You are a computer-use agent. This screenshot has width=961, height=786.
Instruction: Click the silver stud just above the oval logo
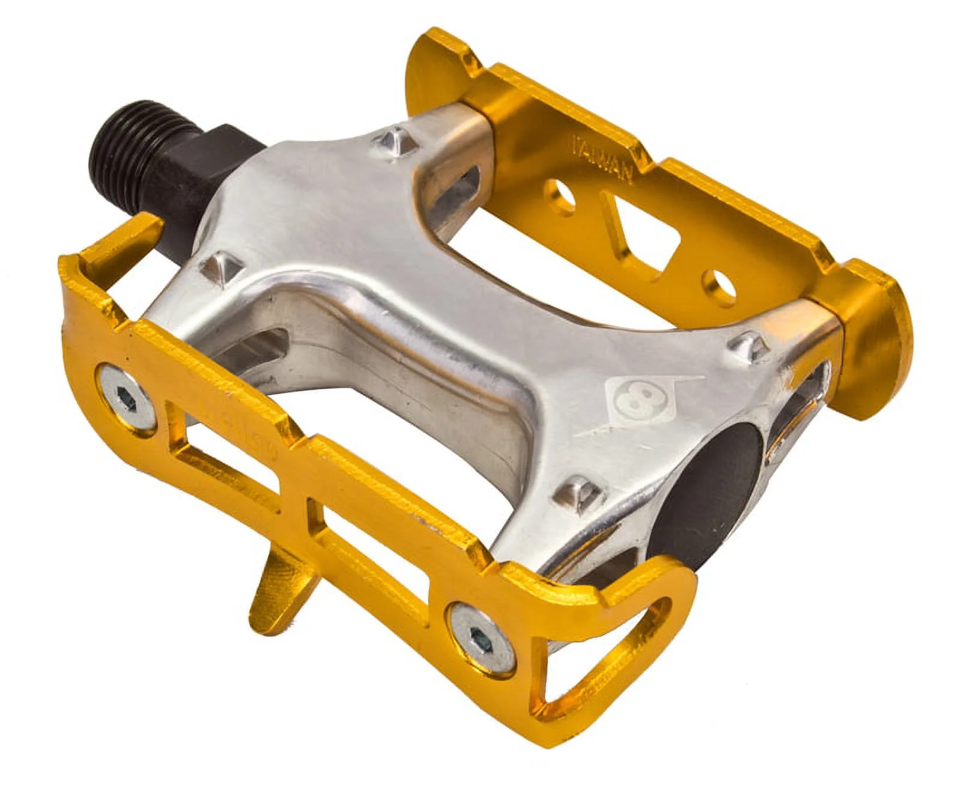tap(746, 344)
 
